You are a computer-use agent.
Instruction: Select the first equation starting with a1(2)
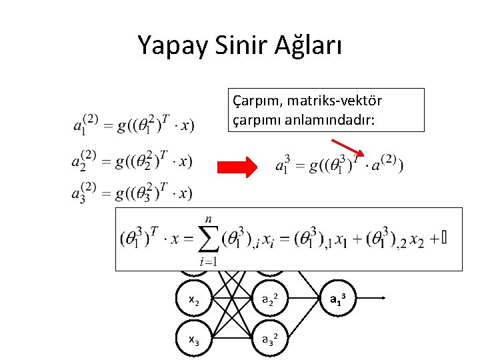(x=133, y=123)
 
